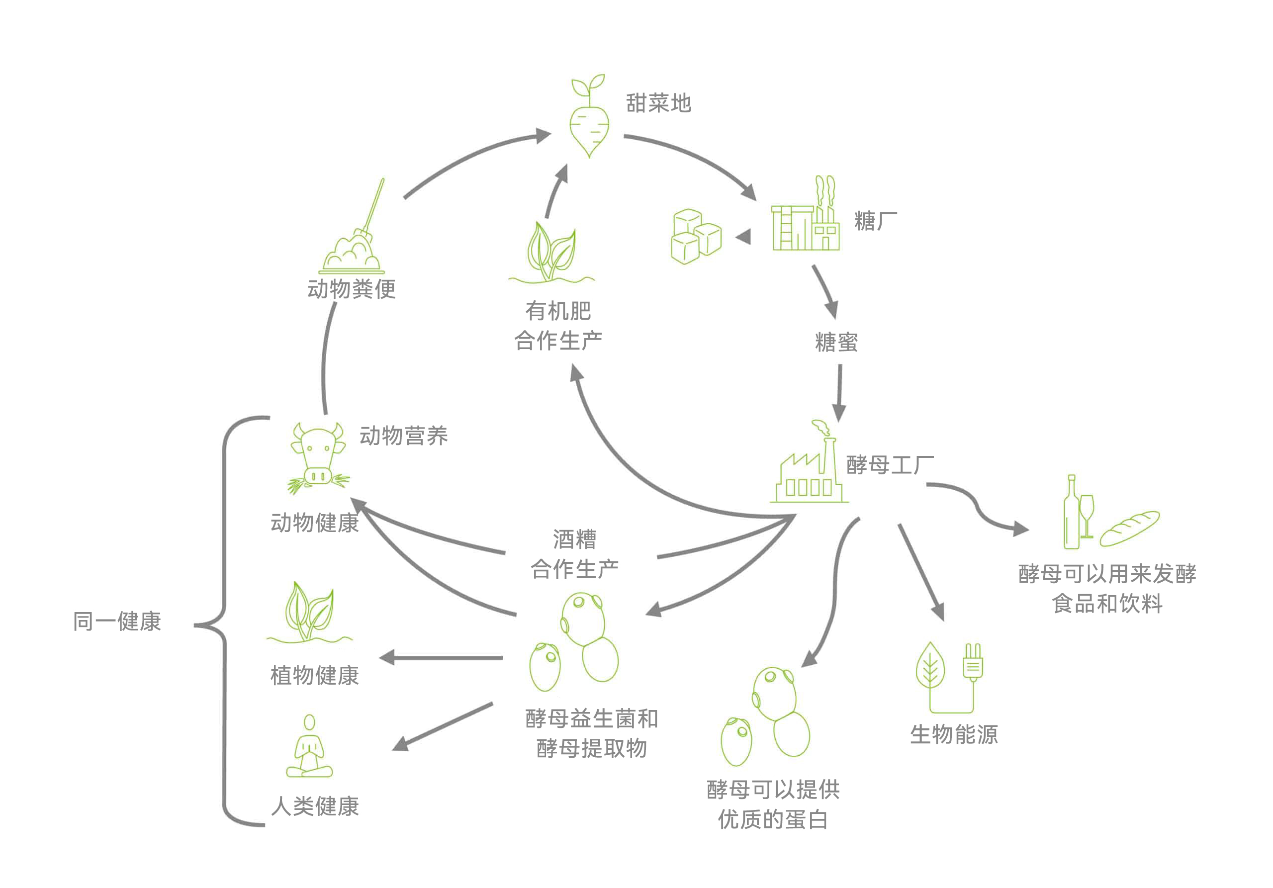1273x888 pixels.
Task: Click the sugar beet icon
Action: (589, 119)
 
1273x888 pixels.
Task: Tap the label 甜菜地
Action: (659, 103)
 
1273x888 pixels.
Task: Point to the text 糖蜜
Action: (836, 342)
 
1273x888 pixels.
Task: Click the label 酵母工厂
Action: (889, 464)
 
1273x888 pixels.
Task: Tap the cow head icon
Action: (317, 457)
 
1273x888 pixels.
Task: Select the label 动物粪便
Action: (352, 289)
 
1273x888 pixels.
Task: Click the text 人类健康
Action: (314, 806)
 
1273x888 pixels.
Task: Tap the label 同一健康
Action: (117, 622)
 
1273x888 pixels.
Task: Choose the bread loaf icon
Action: (1129, 529)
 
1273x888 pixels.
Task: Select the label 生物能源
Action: (954, 734)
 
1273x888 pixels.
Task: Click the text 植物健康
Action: (314, 675)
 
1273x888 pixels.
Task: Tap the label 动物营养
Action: (403, 436)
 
